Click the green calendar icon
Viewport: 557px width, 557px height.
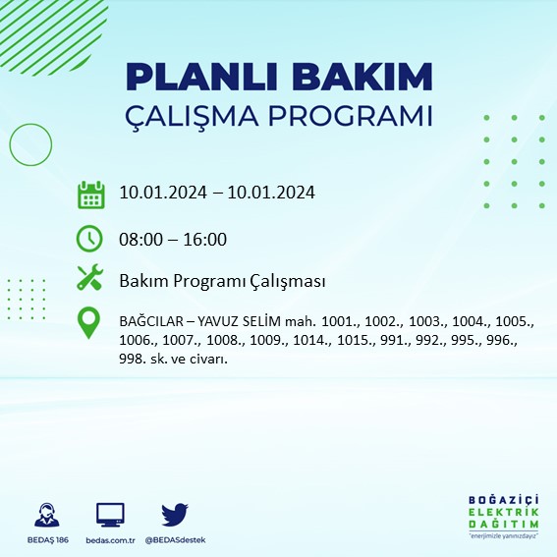point(90,194)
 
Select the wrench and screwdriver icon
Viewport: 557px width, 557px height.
point(90,279)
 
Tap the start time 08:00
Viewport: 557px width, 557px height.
point(139,239)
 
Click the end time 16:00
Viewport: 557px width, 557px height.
point(206,239)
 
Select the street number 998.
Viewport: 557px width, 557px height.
point(131,359)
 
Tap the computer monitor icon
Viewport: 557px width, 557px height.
point(110,514)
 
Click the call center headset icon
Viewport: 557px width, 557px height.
point(44,514)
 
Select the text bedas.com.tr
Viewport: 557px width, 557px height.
point(110,540)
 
